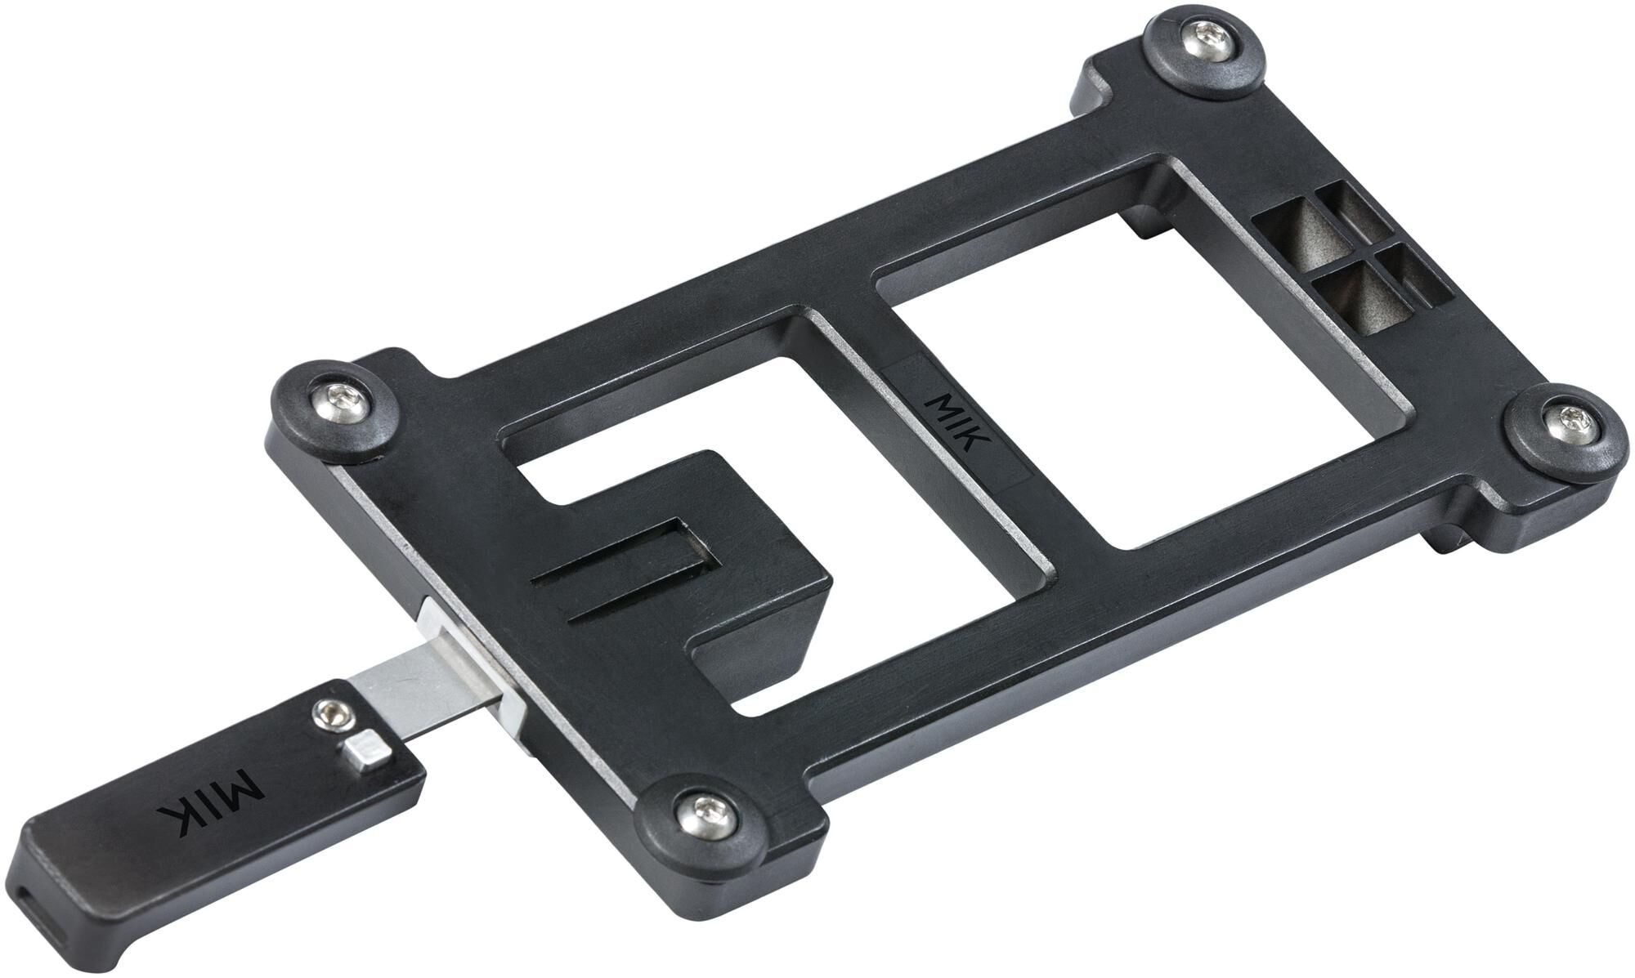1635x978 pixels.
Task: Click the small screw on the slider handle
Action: (331, 713)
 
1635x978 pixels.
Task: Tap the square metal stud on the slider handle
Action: (362, 751)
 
